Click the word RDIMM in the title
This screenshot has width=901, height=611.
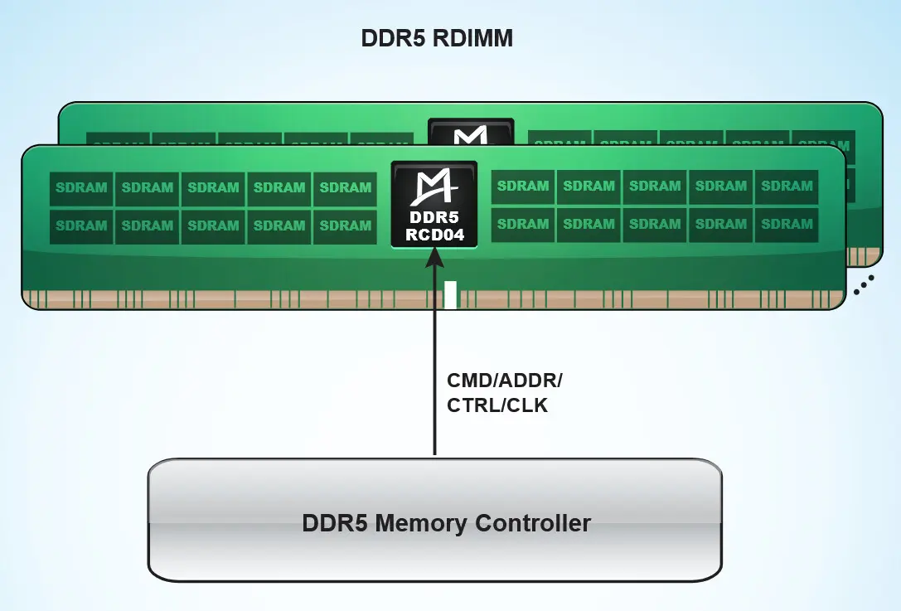tap(474, 38)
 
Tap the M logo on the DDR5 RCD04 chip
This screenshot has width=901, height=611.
tap(434, 188)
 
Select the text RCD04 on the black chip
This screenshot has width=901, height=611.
tap(434, 235)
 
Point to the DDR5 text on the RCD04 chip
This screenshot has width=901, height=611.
tap(434, 218)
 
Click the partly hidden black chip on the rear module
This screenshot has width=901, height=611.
tap(470, 132)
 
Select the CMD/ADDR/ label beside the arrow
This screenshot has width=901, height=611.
tap(504, 381)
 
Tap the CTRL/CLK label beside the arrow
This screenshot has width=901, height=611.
tap(497, 406)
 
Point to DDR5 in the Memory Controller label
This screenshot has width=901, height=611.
tap(334, 524)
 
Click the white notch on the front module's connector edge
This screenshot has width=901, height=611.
tap(450, 295)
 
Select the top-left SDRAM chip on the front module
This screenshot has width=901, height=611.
tap(81, 188)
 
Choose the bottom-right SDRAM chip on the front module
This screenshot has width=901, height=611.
tap(787, 224)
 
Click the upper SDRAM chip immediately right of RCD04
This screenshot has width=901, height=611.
tap(522, 187)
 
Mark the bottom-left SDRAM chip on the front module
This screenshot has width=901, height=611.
tap(81, 225)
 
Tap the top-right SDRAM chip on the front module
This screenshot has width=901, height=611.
tap(787, 187)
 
